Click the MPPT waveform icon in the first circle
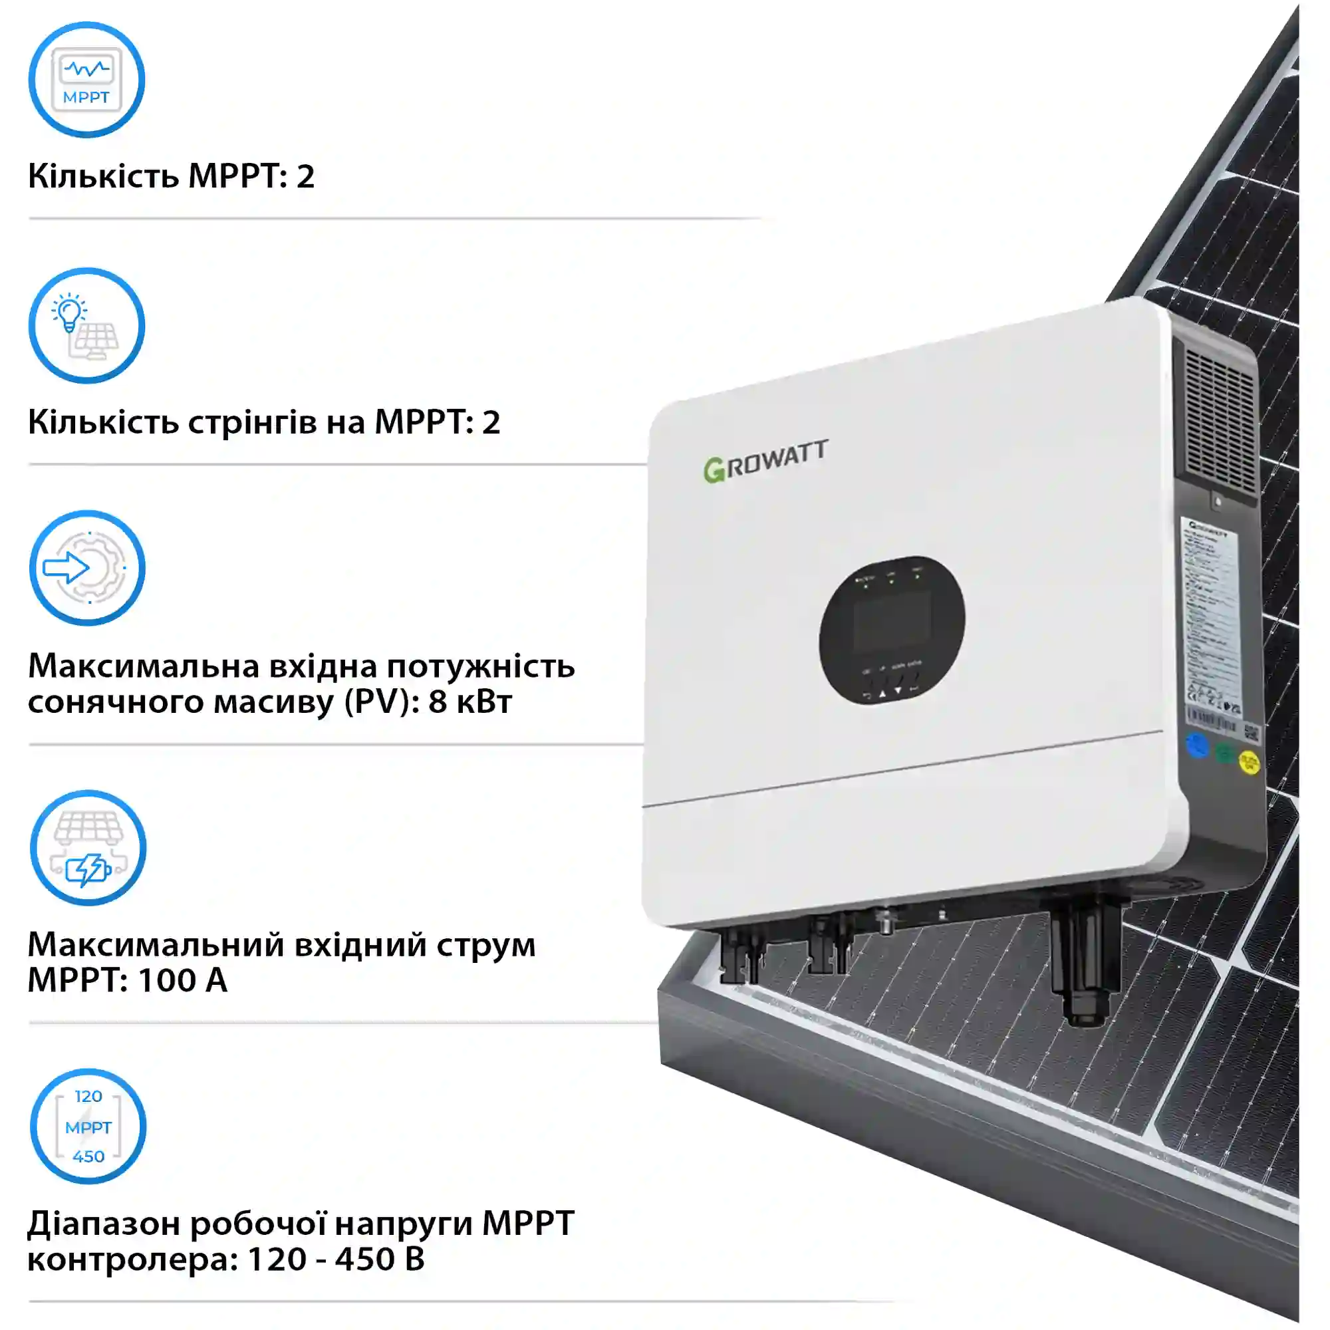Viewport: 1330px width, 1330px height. [x=86, y=80]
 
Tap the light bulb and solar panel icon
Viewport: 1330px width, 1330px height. [x=86, y=326]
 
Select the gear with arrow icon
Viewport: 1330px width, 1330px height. [x=86, y=568]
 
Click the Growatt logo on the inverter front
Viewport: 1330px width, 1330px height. [x=765, y=461]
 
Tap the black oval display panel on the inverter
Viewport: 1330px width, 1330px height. [x=892, y=630]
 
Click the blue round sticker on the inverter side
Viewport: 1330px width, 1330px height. [x=1198, y=746]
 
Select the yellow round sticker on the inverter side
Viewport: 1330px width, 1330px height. [x=1249, y=761]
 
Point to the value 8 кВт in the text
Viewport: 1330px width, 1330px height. [x=470, y=702]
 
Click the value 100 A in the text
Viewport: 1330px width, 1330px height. [x=182, y=980]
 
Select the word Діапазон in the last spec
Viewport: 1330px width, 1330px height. [x=103, y=1224]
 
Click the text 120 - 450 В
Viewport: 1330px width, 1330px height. [x=335, y=1259]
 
